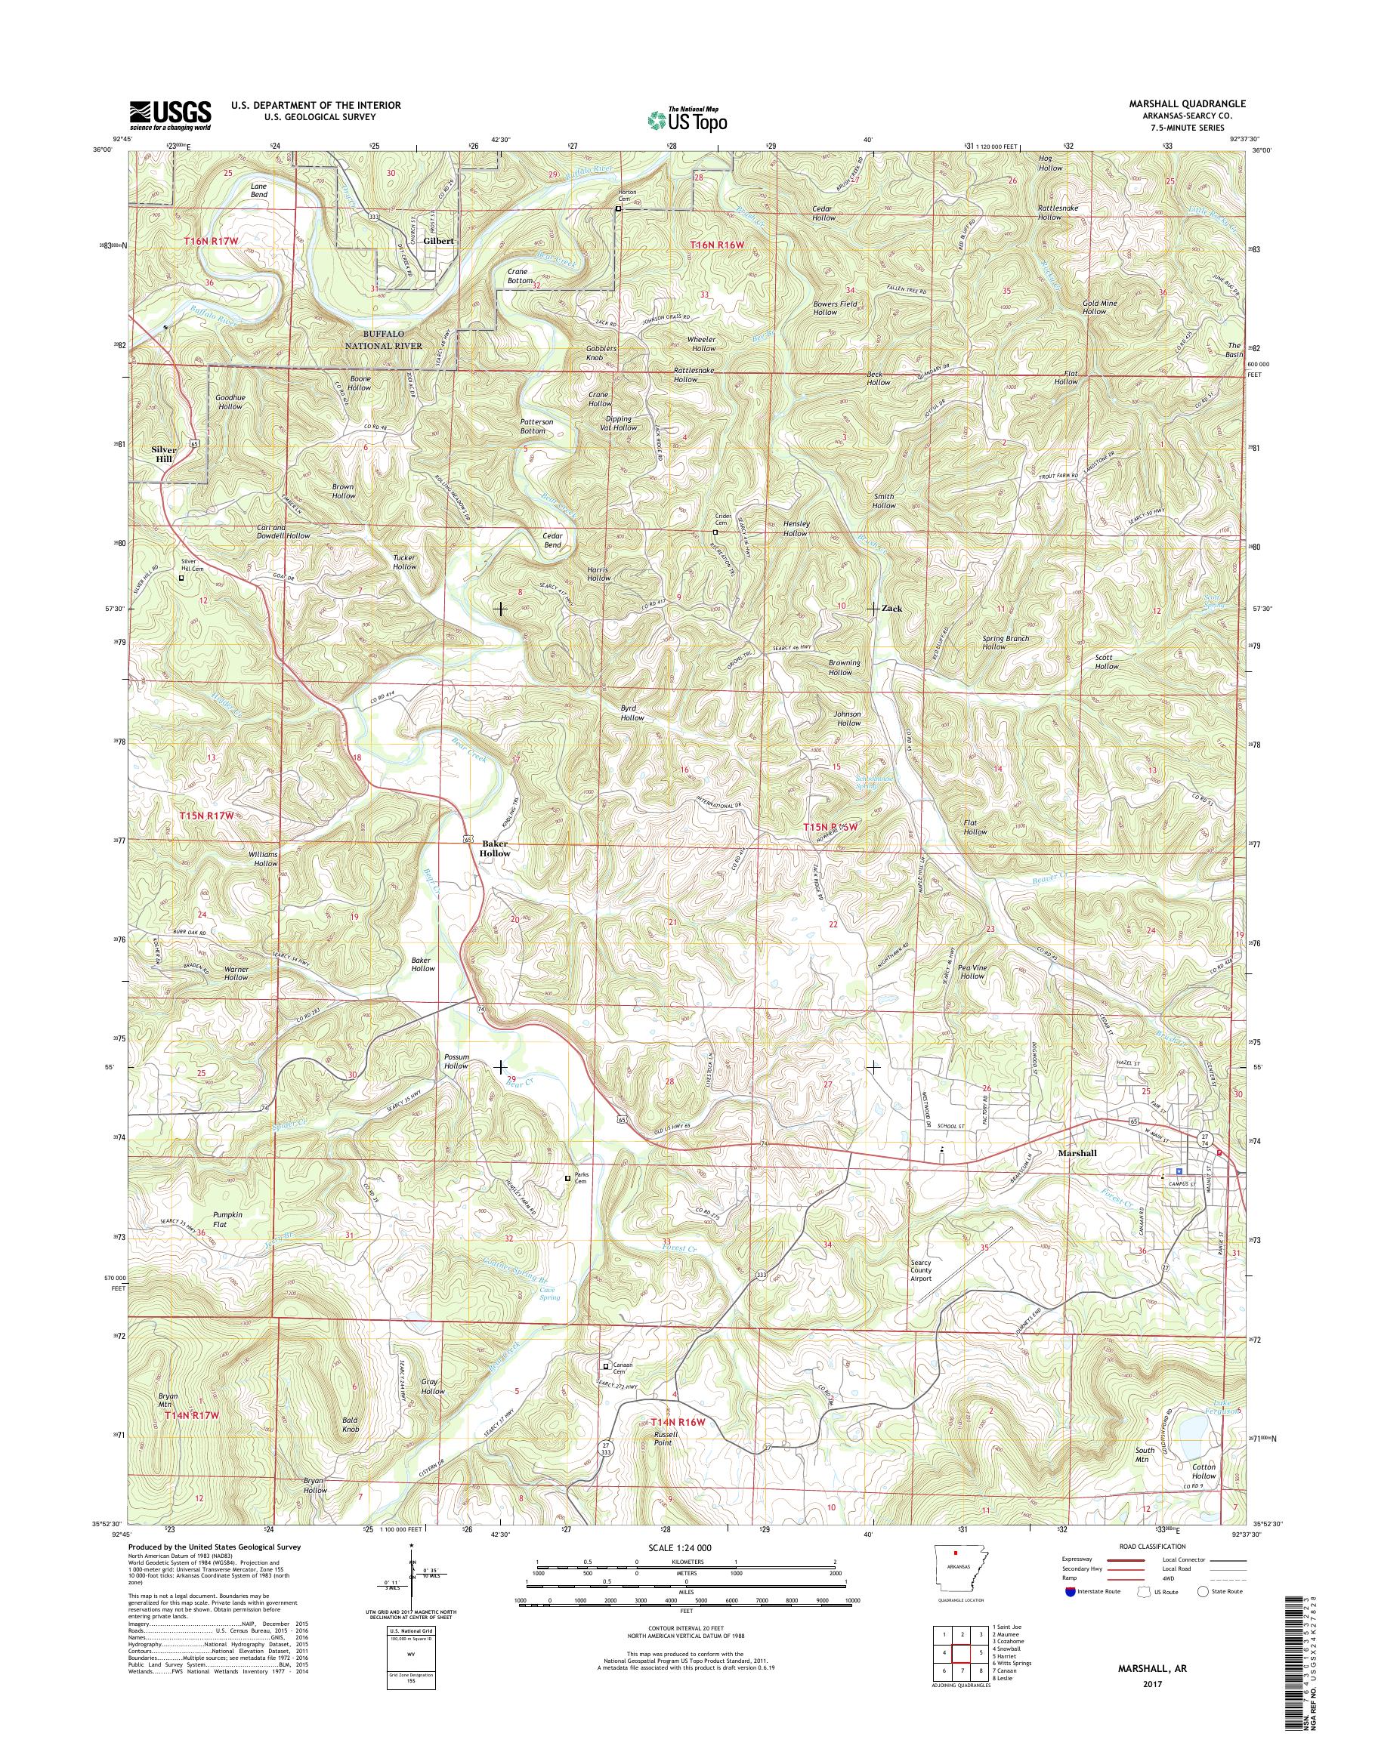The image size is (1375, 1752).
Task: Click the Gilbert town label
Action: [x=440, y=241]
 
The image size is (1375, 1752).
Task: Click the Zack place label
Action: [x=891, y=609]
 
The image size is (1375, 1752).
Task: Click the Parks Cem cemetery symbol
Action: [x=567, y=1178]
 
